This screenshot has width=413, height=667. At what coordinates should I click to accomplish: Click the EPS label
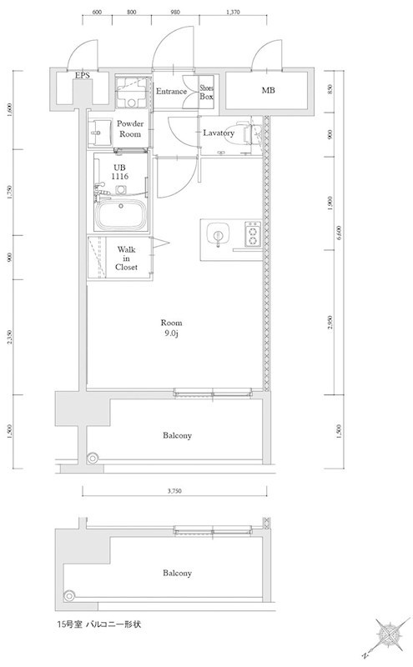(x=83, y=75)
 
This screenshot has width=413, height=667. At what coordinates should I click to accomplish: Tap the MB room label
(x=268, y=90)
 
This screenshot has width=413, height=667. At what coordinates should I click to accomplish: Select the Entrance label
(x=171, y=91)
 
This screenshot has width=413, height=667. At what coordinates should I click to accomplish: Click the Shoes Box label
(x=207, y=93)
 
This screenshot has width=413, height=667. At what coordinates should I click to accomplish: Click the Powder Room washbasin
(x=98, y=132)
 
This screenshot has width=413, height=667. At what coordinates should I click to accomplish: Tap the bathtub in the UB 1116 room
(x=122, y=215)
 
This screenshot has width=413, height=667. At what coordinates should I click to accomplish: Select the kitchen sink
(x=218, y=235)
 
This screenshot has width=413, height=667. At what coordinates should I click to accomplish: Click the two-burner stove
(x=253, y=234)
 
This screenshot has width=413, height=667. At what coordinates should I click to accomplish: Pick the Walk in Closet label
(x=126, y=258)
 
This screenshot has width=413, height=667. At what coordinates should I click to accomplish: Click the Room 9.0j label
(x=171, y=328)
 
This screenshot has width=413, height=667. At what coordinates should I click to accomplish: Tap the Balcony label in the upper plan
(x=177, y=435)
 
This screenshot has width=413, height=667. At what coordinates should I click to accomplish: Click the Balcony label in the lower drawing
(x=177, y=573)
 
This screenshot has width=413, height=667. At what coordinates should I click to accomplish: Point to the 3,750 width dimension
(x=174, y=491)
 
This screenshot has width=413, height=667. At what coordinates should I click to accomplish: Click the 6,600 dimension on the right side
(x=340, y=233)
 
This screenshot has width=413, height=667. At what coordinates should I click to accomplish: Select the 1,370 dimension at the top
(x=233, y=12)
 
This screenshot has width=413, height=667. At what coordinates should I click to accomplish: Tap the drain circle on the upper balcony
(x=93, y=458)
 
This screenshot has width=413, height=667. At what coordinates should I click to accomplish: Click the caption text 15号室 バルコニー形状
(x=98, y=624)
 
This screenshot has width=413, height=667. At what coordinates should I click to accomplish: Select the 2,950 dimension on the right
(x=330, y=322)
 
